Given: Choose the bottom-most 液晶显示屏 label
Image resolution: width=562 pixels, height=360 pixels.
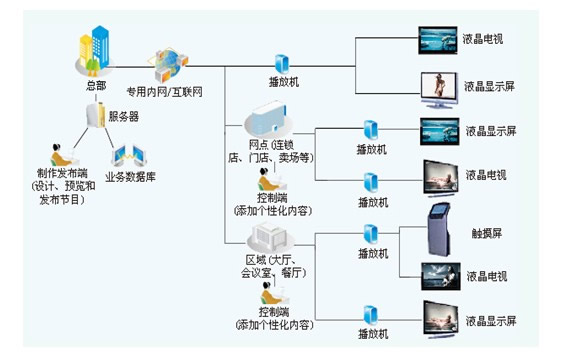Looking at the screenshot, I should coord(491,321).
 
